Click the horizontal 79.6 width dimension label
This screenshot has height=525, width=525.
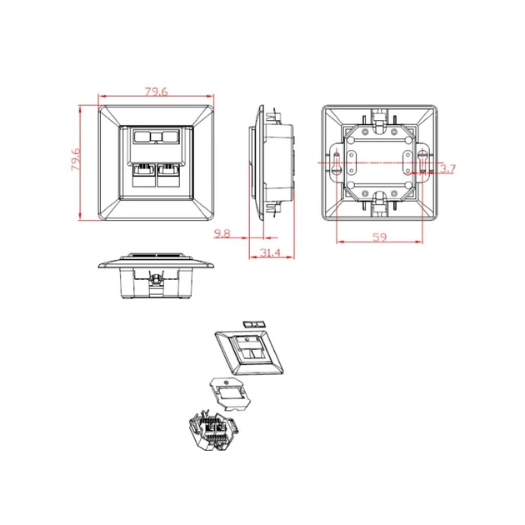[156, 92]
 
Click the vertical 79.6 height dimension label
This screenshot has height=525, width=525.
[76, 159]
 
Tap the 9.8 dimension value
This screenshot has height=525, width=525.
[222, 233]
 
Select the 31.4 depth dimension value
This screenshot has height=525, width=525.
[270, 252]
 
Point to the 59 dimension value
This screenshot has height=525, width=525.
[380, 237]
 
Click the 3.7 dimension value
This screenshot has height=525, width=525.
[448, 168]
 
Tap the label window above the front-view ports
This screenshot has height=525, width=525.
[156, 137]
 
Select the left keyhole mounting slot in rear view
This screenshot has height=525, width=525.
[336, 163]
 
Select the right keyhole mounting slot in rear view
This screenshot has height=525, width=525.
[422, 162]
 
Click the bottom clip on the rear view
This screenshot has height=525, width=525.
[379, 202]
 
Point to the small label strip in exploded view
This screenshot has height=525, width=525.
[253, 324]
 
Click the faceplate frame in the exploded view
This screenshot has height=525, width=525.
[249, 352]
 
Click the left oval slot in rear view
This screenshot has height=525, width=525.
[351, 162]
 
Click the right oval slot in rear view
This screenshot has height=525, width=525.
[407, 162]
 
